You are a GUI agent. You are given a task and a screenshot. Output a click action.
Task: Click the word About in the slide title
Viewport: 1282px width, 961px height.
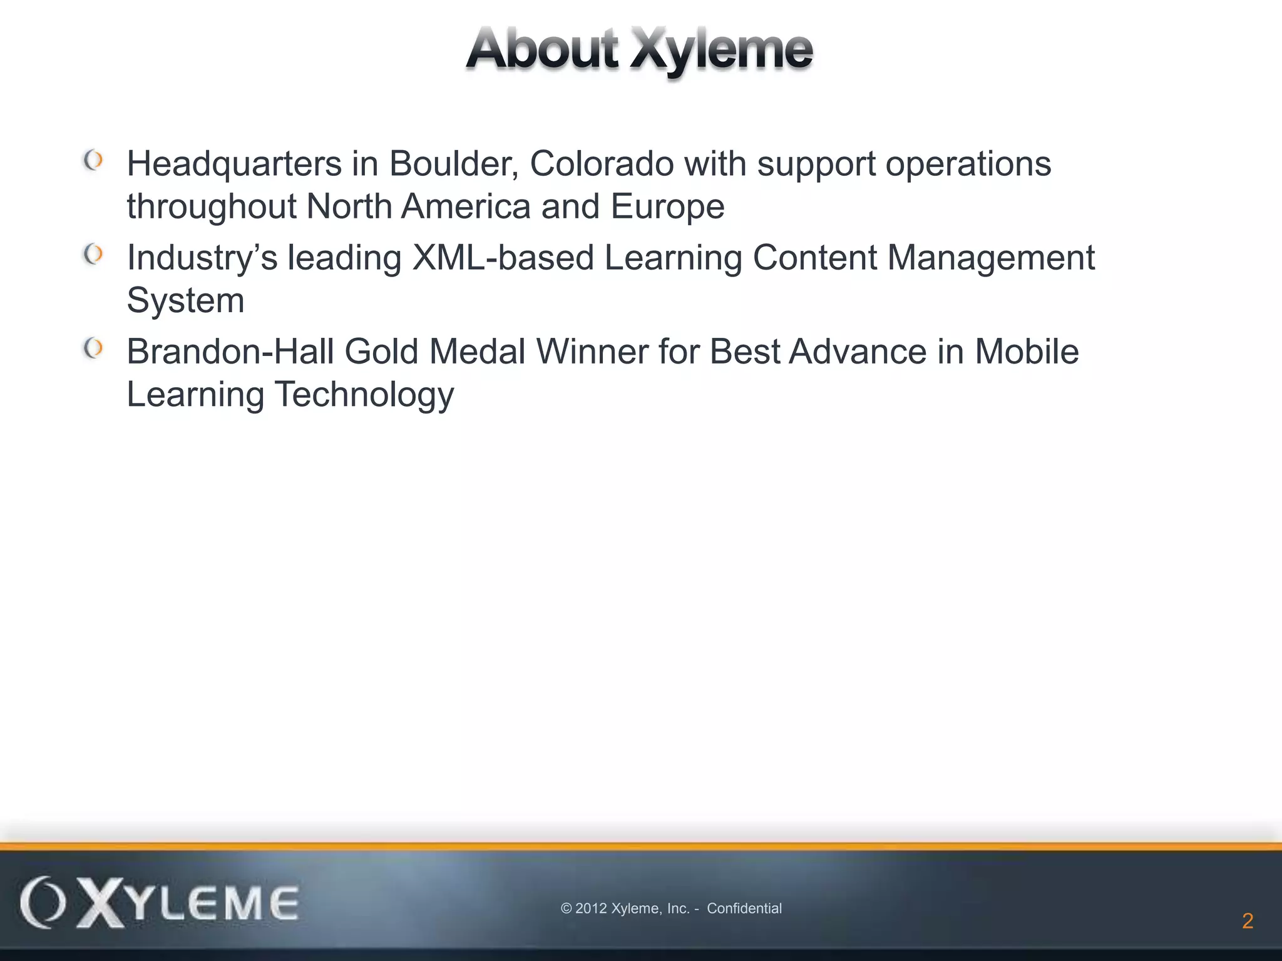pos(542,49)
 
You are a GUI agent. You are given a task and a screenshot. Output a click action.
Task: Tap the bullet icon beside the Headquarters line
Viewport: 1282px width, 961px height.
pos(93,161)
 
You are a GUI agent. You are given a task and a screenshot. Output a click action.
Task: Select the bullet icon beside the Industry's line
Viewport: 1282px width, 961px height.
pos(93,255)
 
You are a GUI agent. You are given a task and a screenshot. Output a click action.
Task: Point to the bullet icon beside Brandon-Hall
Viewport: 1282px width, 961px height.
pos(93,348)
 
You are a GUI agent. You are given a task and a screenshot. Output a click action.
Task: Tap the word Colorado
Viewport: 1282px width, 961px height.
pos(602,164)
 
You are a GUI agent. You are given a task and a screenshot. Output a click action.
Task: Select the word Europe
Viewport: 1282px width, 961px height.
pos(667,207)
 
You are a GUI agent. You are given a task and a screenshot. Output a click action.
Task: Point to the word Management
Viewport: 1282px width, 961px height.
pos(991,258)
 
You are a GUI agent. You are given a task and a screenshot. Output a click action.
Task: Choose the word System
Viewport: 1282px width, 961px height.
pos(185,301)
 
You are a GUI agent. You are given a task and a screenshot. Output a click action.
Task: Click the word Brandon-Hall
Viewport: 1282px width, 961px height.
pos(230,352)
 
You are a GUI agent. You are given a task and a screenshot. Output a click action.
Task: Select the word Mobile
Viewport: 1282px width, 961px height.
pos(1027,352)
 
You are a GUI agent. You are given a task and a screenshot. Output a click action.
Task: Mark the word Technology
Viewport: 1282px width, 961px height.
pos(364,395)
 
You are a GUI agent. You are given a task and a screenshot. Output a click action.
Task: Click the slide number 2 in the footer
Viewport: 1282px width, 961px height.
pos(1248,921)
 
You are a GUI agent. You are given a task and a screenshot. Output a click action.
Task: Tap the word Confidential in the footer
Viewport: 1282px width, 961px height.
pos(744,908)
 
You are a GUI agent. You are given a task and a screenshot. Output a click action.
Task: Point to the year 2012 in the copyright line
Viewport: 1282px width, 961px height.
pos(591,908)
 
